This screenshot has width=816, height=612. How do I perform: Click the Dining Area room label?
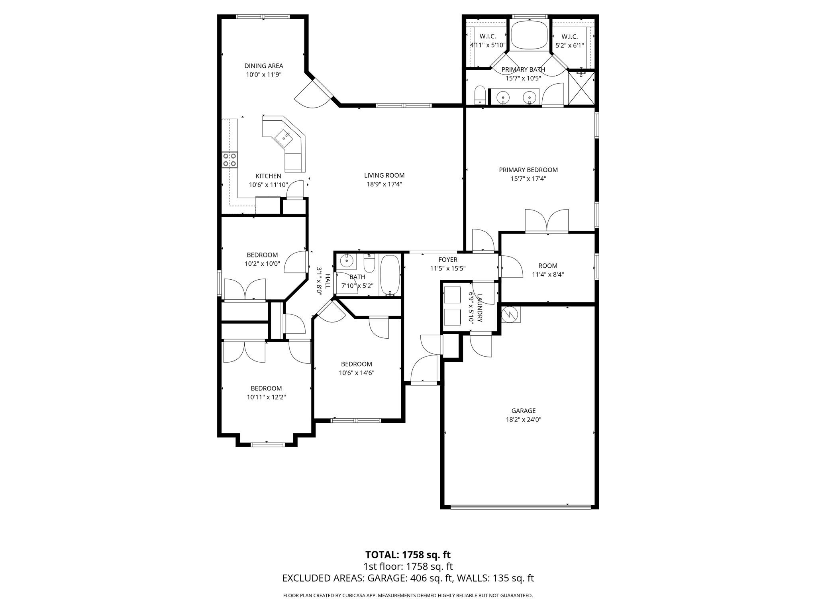[x=263, y=66]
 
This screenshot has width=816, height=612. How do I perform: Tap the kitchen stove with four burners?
[x=229, y=159]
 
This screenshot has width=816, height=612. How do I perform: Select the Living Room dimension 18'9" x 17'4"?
[x=384, y=184]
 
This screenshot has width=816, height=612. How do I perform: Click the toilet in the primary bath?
[x=480, y=95]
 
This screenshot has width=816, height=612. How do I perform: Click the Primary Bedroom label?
[x=528, y=170]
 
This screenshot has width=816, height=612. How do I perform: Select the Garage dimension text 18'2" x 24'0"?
[x=523, y=420]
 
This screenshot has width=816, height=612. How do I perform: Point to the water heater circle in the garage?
[x=510, y=314]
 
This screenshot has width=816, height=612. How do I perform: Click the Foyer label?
[x=448, y=260]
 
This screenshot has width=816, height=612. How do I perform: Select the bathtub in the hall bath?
[x=389, y=275]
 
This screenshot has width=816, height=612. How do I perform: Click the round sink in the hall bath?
[x=347, y=261]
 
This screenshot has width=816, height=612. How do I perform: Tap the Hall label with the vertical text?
[x=327, y=281]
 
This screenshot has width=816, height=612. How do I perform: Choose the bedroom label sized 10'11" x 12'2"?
[x=266, y=397]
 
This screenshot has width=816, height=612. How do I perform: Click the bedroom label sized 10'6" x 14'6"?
[x=356, y=373]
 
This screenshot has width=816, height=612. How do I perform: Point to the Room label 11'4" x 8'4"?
[x=548, y=266]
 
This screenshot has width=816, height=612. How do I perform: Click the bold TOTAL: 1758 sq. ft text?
[x=408, y=555]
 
